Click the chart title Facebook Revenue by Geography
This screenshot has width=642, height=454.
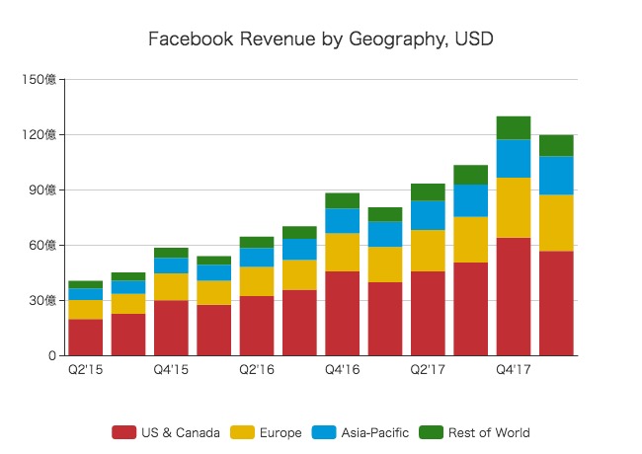point(320,39)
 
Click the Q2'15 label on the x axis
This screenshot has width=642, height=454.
point(85,370)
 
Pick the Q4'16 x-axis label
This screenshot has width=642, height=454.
point(342,370)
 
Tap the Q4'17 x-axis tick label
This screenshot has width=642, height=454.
point(514,370)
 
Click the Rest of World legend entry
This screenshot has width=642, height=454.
point(477,432)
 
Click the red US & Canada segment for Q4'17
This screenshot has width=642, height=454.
point(514,296)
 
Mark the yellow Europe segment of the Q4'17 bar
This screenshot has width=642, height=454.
point(514,207)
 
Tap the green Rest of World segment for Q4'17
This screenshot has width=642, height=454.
point(514,127)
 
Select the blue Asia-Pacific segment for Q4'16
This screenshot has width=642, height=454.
point(342,220)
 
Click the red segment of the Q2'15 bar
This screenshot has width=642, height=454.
point(85,337)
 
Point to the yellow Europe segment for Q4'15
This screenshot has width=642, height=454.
point(171,286)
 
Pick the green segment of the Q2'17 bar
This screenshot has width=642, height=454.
point(428,191)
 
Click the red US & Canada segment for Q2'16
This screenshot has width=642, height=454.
point(257,325)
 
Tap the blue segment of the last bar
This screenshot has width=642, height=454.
point(556,175)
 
